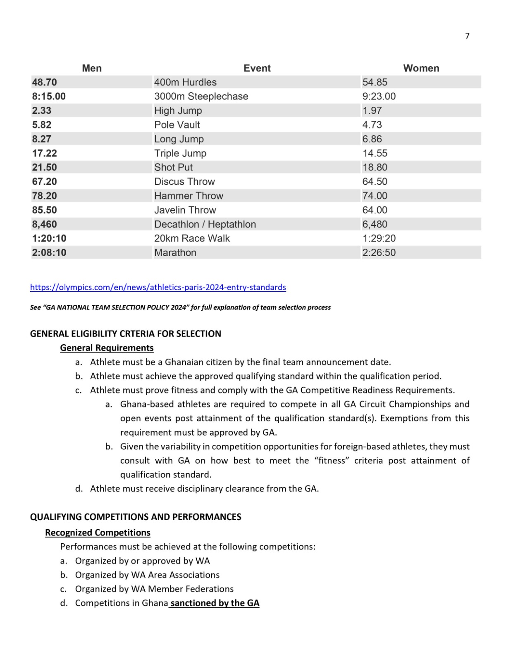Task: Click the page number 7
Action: click(467, 36)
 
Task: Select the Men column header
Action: click(92, 68)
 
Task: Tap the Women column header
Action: click(421, 68)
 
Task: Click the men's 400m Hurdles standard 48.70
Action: click(45, 82)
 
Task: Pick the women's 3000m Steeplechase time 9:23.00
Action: click(379, 96)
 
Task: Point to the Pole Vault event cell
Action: click(177, 125)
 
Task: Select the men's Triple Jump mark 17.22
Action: click(45, 153)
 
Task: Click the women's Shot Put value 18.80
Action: click(375, 168)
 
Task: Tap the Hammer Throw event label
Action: click(189, 196)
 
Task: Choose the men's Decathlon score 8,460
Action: click(45, 224)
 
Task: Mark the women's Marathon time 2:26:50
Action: click(379, 252)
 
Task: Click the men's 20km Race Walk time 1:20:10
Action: click(49, 238)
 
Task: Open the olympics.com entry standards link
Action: click(158, 287)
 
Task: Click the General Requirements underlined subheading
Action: click(107, 348)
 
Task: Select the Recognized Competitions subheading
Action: click(98, 532)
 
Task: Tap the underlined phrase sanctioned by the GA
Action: click(215, 603)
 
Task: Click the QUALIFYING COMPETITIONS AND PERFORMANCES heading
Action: click(136, 517)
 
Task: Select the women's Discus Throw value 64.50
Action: click(375, 182)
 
